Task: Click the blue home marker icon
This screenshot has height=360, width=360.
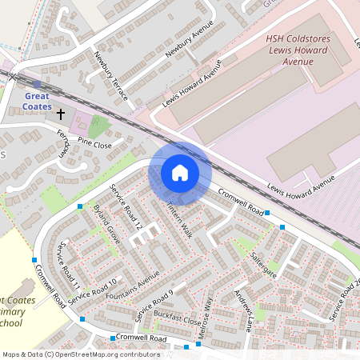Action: point(180,172)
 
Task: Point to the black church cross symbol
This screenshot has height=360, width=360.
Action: point(61,114)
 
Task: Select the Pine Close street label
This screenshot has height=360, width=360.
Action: point(96,146)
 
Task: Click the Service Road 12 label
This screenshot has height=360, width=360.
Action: point(126,207)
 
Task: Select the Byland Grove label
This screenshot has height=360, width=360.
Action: point(106,223)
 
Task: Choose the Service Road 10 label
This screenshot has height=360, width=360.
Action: point(93,290)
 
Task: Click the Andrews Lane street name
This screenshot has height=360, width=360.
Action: point(243,311)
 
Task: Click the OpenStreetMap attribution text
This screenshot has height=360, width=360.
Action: point(81,354)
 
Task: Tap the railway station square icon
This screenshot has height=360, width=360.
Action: point(37,83)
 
